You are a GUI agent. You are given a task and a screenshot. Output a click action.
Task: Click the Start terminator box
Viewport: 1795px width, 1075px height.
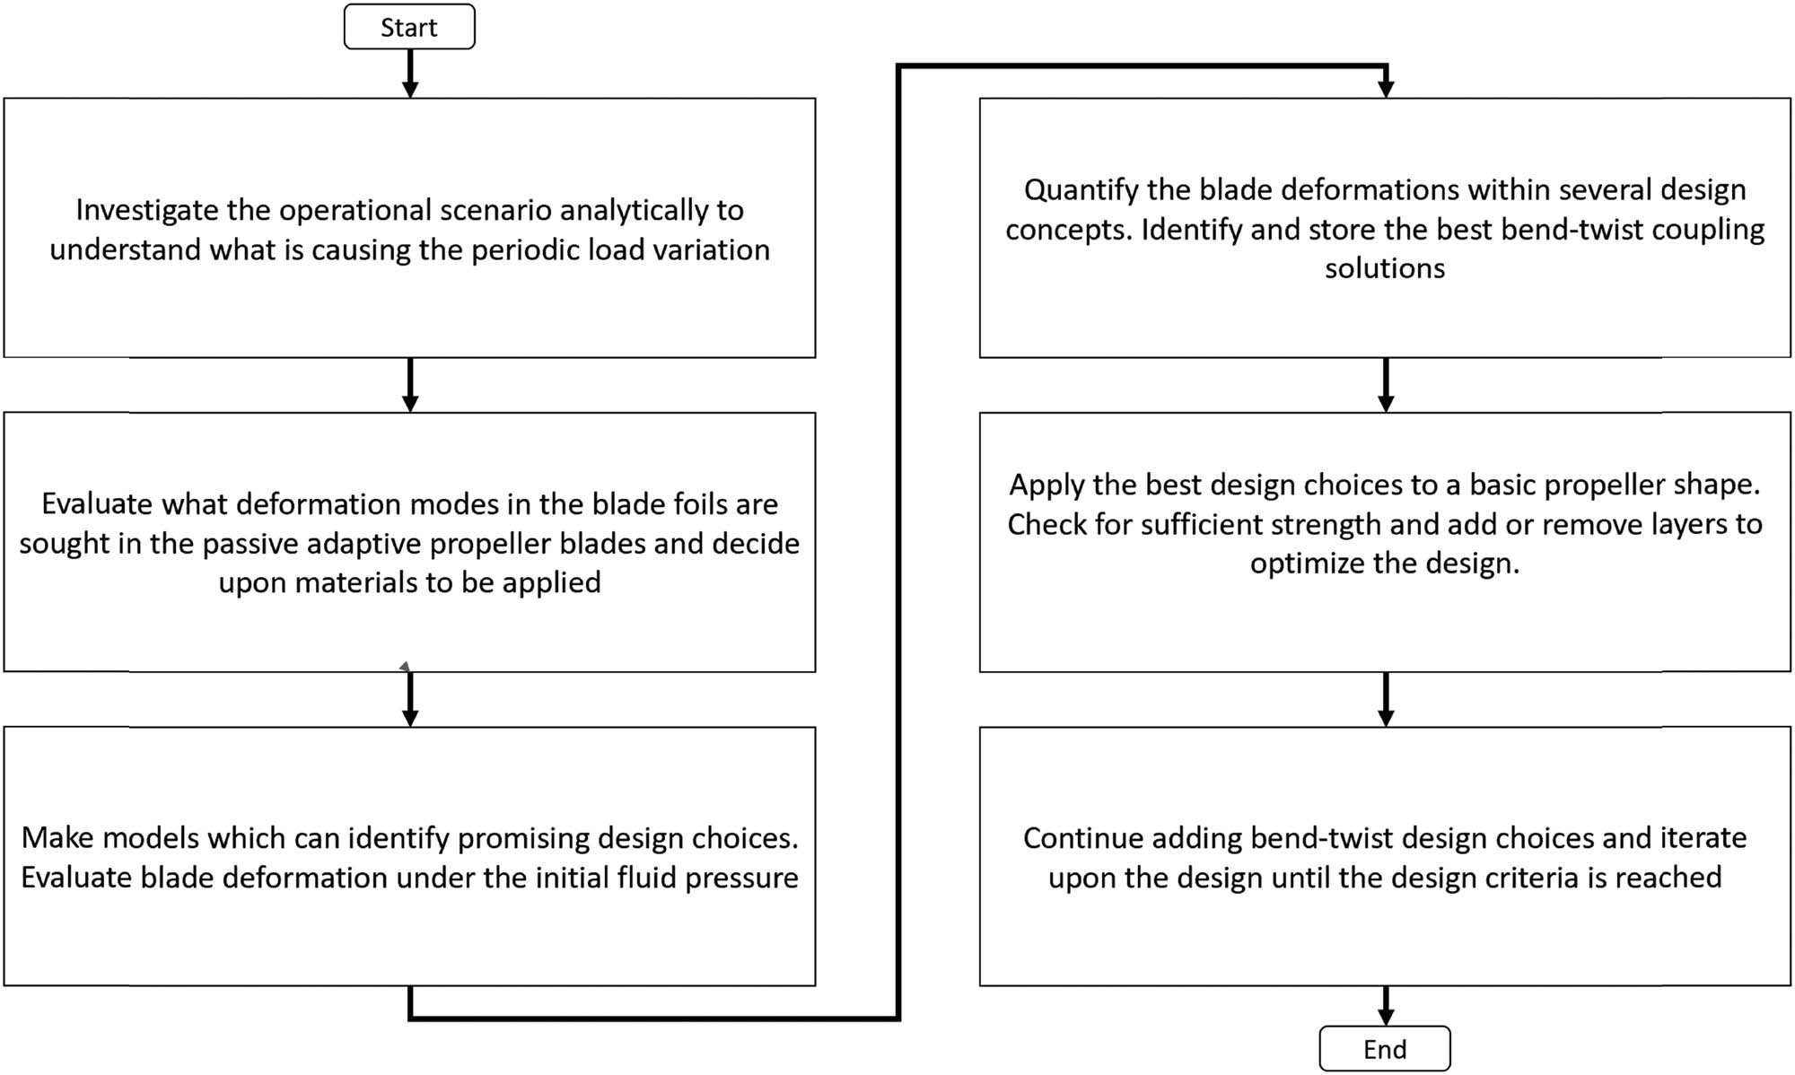click(409, 27)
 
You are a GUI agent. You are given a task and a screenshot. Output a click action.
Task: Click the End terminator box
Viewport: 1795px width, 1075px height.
click(1385, 1048)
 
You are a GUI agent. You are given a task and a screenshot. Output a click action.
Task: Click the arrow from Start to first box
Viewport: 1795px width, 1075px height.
click(410, 73)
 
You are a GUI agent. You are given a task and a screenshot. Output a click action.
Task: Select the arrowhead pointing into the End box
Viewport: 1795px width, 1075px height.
click(1386, 1016)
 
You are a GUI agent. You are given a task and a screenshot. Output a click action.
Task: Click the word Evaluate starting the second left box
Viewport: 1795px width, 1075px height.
click(97, 504)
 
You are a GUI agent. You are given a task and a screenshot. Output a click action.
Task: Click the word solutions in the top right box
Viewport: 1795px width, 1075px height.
click(1385, 268)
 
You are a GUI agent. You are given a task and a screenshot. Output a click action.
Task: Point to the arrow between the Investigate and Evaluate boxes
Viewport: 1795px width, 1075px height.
click(410, 384)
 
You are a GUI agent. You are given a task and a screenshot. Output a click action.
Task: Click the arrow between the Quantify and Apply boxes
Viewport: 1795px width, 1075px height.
click(1386, 384)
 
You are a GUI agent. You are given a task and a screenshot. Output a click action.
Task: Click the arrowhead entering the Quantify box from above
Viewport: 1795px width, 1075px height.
click(1386, 88)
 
